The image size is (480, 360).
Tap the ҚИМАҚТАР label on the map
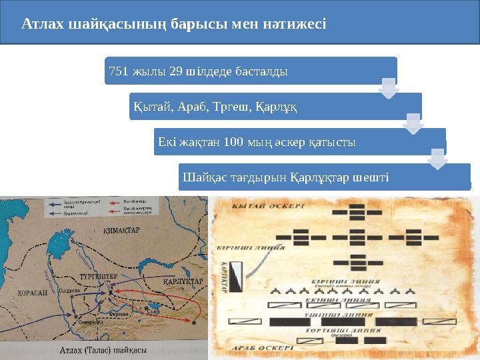pos(120,230)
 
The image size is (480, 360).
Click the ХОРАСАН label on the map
pos(31,292)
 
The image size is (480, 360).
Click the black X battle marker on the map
pos(110,293)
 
